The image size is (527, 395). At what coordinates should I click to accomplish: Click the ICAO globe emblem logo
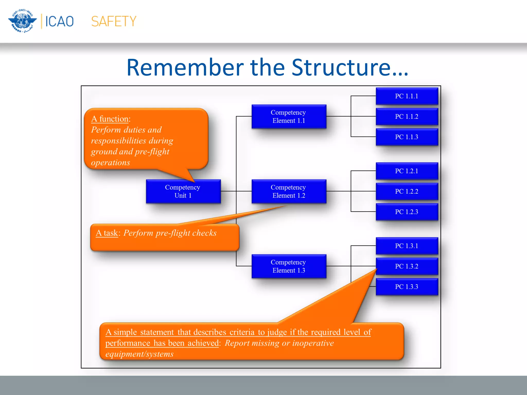[23, 21]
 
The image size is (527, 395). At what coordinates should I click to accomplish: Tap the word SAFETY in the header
[114, 21]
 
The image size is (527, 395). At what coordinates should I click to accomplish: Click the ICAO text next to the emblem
[59, 21]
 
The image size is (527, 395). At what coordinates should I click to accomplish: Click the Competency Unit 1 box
[183, 191]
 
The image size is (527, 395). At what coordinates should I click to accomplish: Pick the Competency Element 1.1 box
[289, 116]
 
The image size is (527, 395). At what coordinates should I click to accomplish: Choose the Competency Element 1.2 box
[289, 191]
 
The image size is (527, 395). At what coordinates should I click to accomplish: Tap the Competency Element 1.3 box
[289, 266]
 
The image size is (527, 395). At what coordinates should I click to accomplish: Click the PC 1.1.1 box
[407, 96]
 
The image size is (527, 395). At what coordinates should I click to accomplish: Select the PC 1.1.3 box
[407, 137]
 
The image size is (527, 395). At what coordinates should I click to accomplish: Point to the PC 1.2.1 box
[407, 171]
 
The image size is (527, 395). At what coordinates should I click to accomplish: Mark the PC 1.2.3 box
[407, 212]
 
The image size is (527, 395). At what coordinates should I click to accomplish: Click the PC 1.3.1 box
[407, 246]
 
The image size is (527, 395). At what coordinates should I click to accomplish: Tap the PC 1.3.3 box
[407, 287]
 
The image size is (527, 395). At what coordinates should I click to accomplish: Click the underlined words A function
[110, 119]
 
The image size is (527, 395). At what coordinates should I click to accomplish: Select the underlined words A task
[107, 233]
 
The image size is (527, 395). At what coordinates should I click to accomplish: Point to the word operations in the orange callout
[111, 163]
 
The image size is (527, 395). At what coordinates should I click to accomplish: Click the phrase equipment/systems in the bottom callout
[139, 354]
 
